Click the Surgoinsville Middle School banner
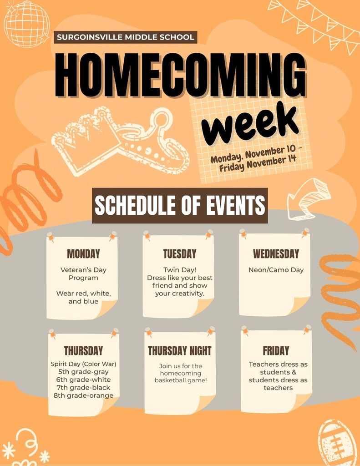click(x=125, y=37)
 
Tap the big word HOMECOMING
click(x=180, y=75)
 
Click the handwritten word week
click(x=250, y=123)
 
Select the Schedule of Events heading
click(x=180, y=206)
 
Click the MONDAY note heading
click(x=83, y=253)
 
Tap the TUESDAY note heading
click(x=180, y=253)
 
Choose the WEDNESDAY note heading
click(x=276, y=253)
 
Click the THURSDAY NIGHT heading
click(x=180, y=350)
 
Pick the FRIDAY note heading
click(x=276, y=350)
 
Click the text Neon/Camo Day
click(x=276, y=270)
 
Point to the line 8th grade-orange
click(x=83, y=395)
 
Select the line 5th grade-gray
click(x=83, y=372)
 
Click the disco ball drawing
click(x=26, y=23)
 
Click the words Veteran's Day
click(x=83, y=270)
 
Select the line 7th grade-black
click(x=83, y=388)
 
